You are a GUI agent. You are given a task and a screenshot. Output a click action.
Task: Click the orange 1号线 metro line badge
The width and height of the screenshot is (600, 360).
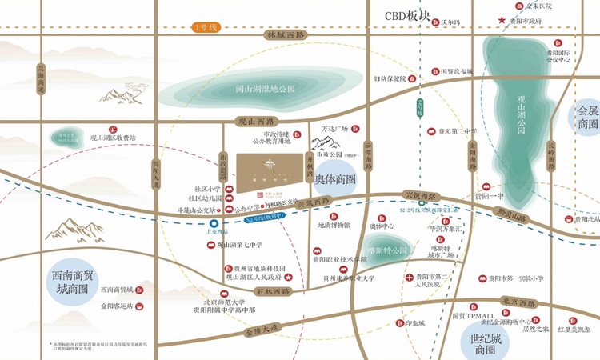pyautogui.click(x=207, y=28)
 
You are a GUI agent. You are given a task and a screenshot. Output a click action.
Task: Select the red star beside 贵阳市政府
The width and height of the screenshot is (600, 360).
pyautogui.click(x=502, y=21)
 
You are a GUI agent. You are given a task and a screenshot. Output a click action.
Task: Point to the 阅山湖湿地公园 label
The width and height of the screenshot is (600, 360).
pyautogui.click(x=260, y=89)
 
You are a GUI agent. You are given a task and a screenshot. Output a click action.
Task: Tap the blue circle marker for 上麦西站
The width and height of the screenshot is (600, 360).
pyautogui.click(x=212, y=223)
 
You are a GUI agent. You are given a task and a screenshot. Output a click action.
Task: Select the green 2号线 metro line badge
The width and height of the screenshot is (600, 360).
pyautogui.click(x=419, y=106)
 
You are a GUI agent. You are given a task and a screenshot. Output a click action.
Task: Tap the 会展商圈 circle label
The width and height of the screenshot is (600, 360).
pyautogui.click(x=588, y=117)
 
